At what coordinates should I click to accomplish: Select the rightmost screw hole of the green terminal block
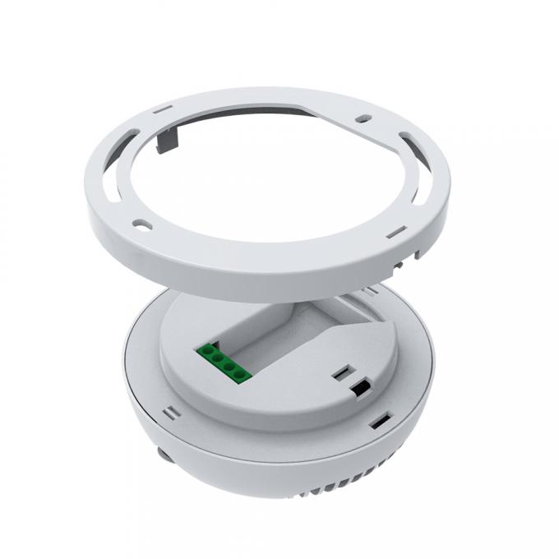[240, 375]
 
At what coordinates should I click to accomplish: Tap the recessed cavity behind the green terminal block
[271, 329]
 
